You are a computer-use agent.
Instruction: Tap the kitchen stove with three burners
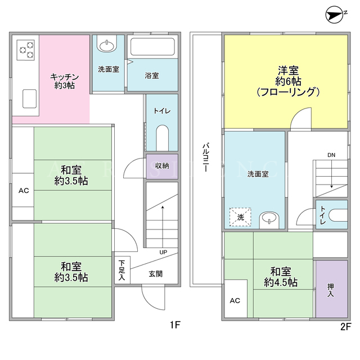[26, 50]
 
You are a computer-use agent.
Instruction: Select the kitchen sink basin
[30, 98]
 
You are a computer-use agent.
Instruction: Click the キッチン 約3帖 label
[65, 81]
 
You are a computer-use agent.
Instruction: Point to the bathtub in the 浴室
[152, 47]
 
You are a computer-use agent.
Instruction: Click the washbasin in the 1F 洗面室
[107, 44]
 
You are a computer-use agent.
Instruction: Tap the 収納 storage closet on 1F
[162, 166]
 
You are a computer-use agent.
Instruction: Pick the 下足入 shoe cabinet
[123, 270]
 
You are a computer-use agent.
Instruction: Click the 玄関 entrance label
[155, 274]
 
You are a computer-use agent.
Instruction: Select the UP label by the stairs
[163, 252]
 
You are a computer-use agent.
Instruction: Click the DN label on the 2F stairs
[331, 155]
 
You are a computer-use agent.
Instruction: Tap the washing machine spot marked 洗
[240, 217]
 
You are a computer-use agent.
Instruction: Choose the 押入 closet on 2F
[331, 289]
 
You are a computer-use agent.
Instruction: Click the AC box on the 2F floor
[236, 299]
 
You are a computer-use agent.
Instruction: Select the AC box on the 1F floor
[23, 190]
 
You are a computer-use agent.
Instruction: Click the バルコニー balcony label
[206, 157]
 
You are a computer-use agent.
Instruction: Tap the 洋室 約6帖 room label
[288, 82]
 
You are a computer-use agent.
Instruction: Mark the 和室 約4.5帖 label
[281, 277]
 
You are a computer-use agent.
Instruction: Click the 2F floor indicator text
[345, 326]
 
